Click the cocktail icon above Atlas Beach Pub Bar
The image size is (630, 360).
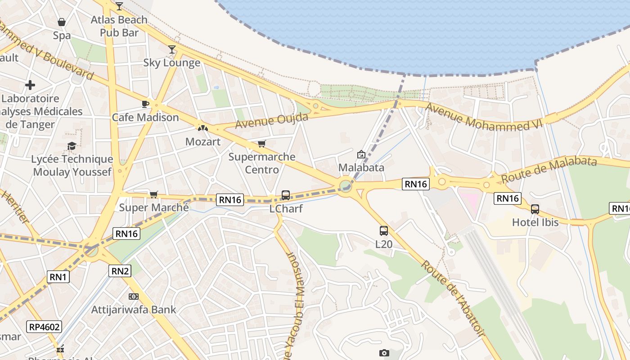(x=119, y=6)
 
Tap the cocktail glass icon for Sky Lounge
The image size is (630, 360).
(x=171, y=49)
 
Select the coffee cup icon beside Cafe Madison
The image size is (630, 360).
(x=145, y=104)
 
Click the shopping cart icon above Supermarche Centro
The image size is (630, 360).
(x=261, y=144)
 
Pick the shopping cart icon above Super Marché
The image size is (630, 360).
(x=154, y=194)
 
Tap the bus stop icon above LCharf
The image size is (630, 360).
(x=286, y=195)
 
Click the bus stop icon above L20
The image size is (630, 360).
(x=384, y=231)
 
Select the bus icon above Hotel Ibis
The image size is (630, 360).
(x=535, y=209)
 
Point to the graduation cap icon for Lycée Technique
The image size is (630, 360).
(x=72, y=146)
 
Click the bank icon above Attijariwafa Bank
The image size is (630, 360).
(x=133, y=297)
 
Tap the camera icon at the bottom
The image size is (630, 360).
(x=384, y=353)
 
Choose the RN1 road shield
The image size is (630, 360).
(x=58, y=277)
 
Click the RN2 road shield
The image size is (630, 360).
(x=120, y=271)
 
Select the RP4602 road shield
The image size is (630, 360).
(x=44, y=327)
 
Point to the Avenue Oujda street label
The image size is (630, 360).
(x=272, y=121)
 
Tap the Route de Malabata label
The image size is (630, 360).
(x=549, y=169)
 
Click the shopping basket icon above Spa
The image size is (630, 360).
(x=62, y=22)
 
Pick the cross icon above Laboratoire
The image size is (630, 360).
(x=30, y=85)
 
